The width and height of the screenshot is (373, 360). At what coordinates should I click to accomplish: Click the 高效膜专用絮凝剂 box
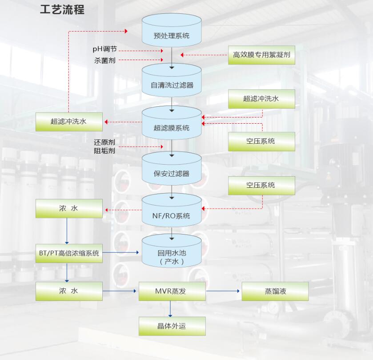(x=261, y=55)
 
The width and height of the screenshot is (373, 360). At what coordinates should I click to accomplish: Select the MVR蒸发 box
(x=172, y=291)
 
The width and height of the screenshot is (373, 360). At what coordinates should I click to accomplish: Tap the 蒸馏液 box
(x=275, y=291)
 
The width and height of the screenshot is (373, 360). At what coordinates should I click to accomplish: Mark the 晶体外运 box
(x=172, y=326)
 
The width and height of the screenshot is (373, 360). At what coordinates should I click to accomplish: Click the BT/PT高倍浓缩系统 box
(x=69, y=253)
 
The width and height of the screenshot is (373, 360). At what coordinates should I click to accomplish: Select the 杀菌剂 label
(x=105, y=60)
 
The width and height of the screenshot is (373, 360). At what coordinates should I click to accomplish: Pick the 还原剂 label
(x=104, y=142)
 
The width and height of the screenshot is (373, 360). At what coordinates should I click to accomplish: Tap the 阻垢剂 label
(x=104, y=151)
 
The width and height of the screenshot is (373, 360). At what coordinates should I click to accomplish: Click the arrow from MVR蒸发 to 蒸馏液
(x=223, y=291)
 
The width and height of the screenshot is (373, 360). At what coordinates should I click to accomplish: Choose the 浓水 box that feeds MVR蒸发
(x=69, y=291)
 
